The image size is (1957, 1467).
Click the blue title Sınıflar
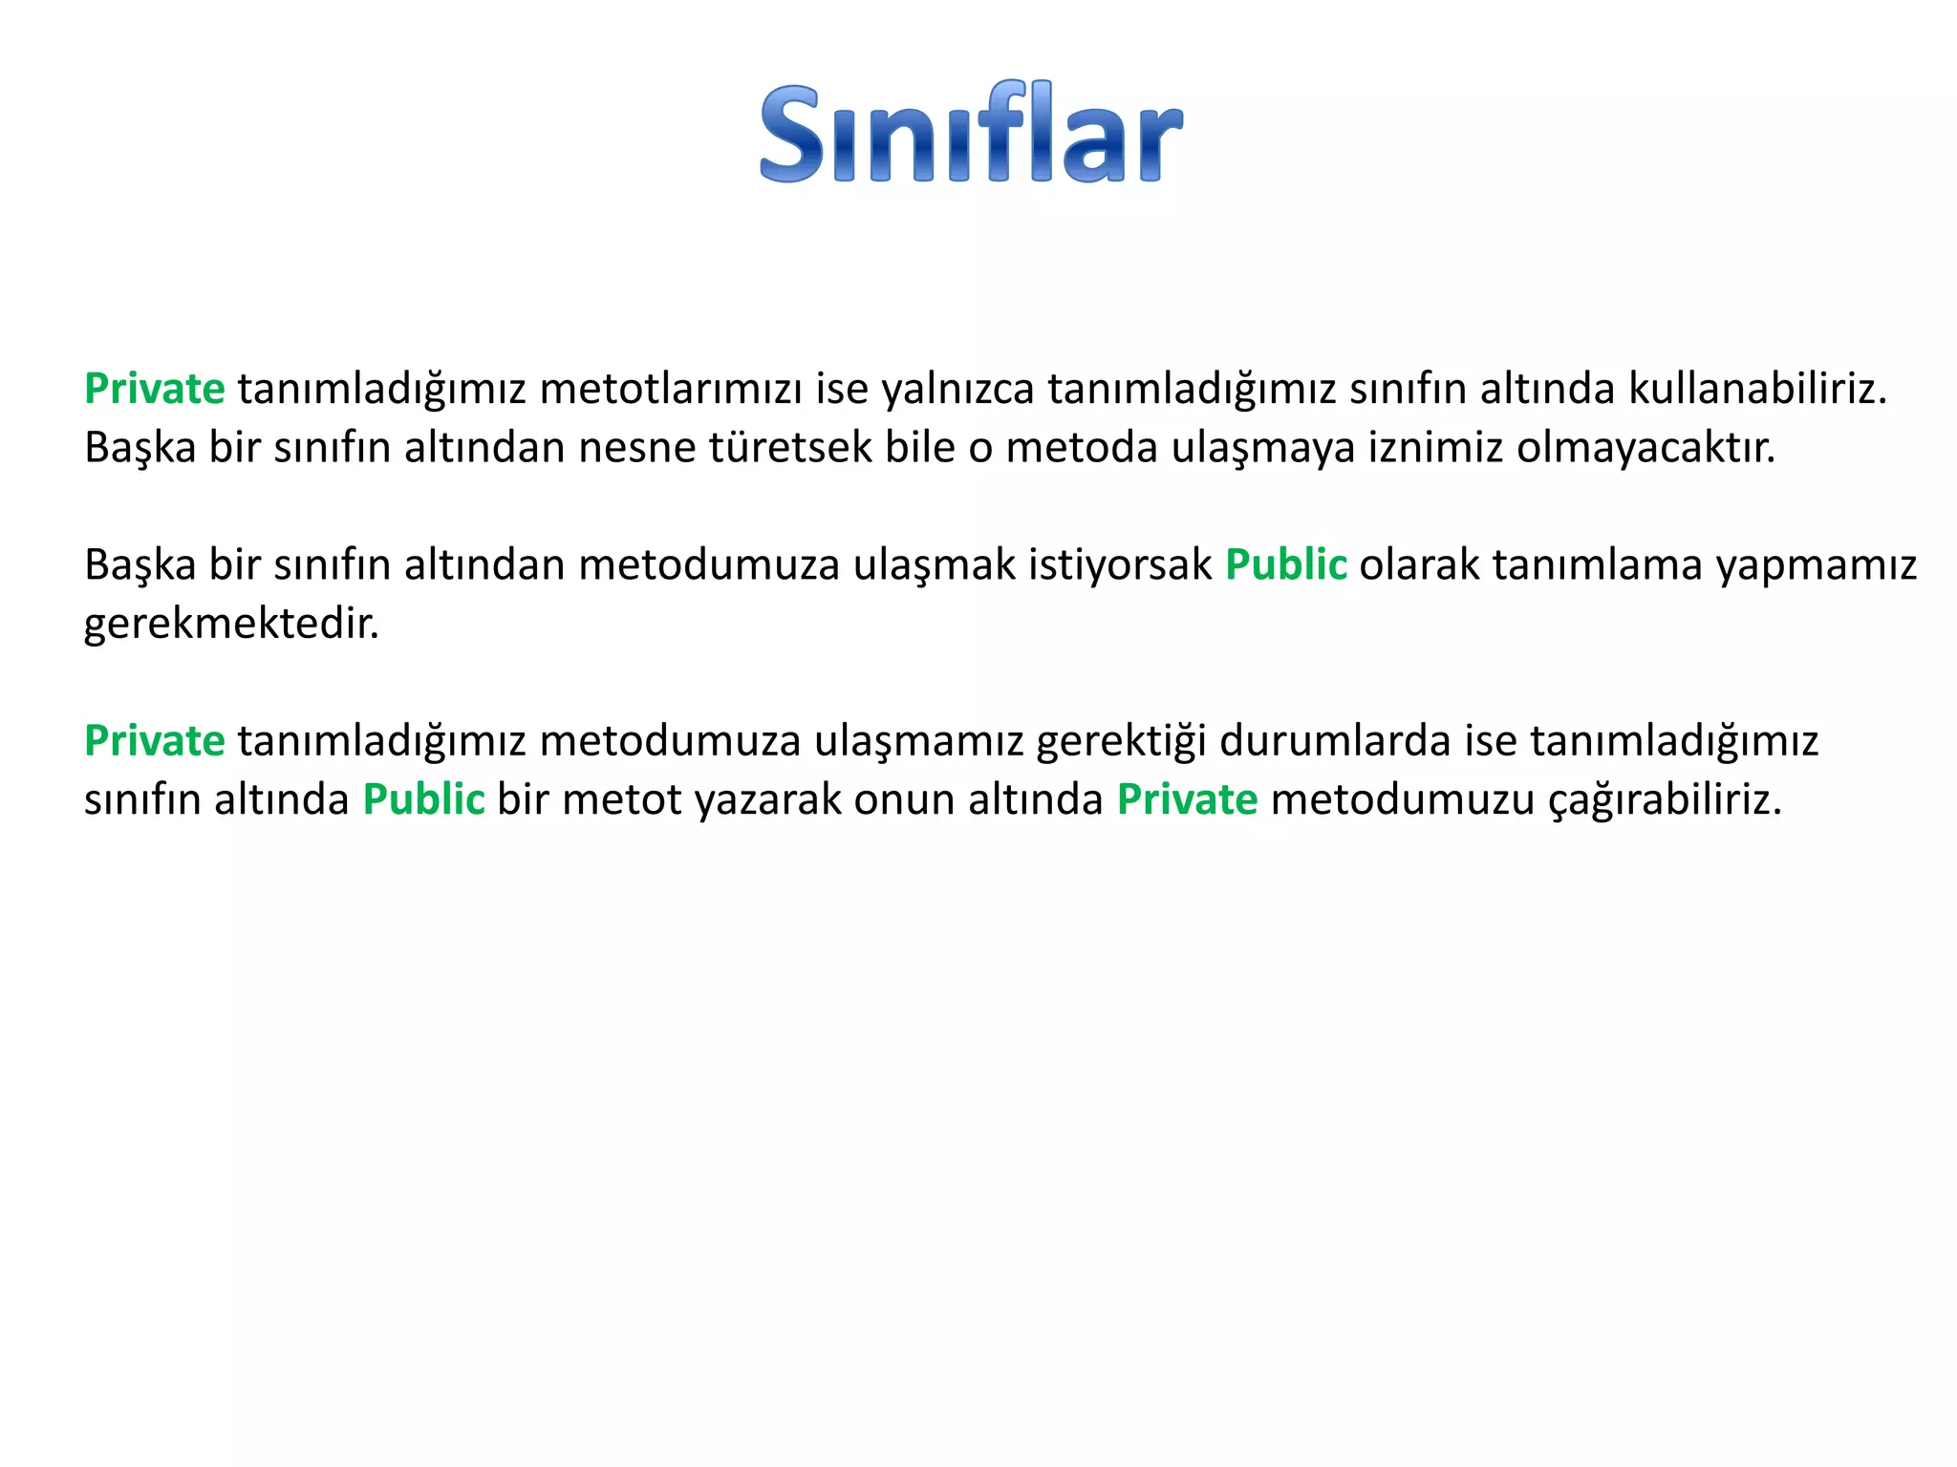971,134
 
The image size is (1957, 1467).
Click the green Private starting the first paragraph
154,390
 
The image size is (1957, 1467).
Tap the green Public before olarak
1285,565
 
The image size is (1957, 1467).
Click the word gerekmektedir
231,625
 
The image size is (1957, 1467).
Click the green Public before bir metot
423,800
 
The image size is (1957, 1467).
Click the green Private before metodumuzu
1187,800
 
